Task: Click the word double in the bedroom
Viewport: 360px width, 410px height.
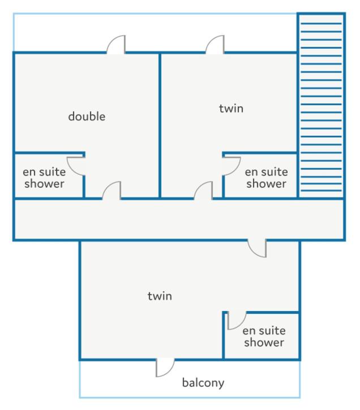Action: point(87,116)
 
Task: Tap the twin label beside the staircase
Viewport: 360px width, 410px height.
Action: point(232,108)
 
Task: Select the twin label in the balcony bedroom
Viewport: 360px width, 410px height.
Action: point(160,296)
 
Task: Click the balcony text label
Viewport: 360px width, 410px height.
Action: point(203,383)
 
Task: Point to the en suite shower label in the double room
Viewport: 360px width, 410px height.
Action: point(44,178)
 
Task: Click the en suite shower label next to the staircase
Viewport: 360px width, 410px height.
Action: point(267,178)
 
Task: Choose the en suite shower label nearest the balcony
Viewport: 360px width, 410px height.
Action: point(264,336)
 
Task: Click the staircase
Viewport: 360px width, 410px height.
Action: point(322,106)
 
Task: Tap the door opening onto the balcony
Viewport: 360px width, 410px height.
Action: point(165,368)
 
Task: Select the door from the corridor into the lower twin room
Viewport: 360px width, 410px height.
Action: point(257,248)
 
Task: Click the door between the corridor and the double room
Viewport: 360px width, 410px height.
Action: point(112,191)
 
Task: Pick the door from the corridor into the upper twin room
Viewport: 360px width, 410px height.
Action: point(203,191)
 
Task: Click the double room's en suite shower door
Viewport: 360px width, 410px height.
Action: point(76,166)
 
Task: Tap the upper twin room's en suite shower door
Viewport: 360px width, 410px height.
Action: point(232,166)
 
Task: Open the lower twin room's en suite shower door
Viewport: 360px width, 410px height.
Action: point(237,321)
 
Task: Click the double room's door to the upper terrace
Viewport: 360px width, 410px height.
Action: point(116,45)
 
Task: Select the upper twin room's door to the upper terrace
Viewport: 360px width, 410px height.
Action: point(215,45)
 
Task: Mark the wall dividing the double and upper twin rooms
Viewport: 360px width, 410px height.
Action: point(160,126)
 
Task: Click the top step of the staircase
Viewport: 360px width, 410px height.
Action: point(322,24)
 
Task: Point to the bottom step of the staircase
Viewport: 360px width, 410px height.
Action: point(322,191)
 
